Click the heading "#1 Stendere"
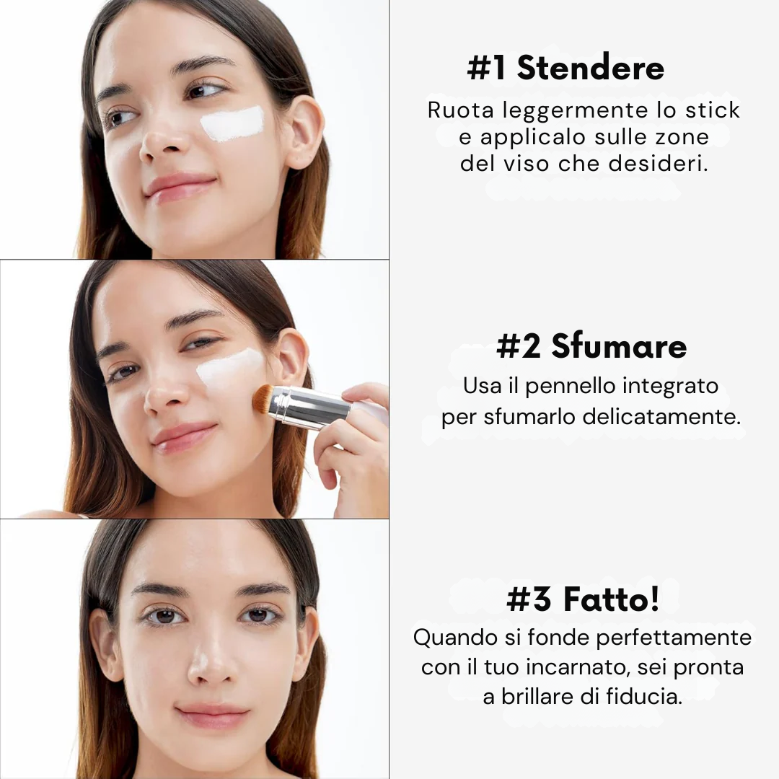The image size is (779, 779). pyautogui.click(x=565, y=69)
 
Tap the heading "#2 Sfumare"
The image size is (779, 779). pyautogui.click(x=591, y=346)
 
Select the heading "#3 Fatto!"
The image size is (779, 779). pyautogui.click(x=583, y=599)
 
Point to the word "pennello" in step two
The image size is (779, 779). pyautogui.click(x=569, y=386)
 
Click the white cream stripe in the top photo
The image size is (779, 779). pyautogui.click(x=232, y=123)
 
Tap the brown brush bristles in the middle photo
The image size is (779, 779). pyautogui.click(x=261, y=399)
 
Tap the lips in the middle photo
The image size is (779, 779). pyautogui.click(x=183, y=436)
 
